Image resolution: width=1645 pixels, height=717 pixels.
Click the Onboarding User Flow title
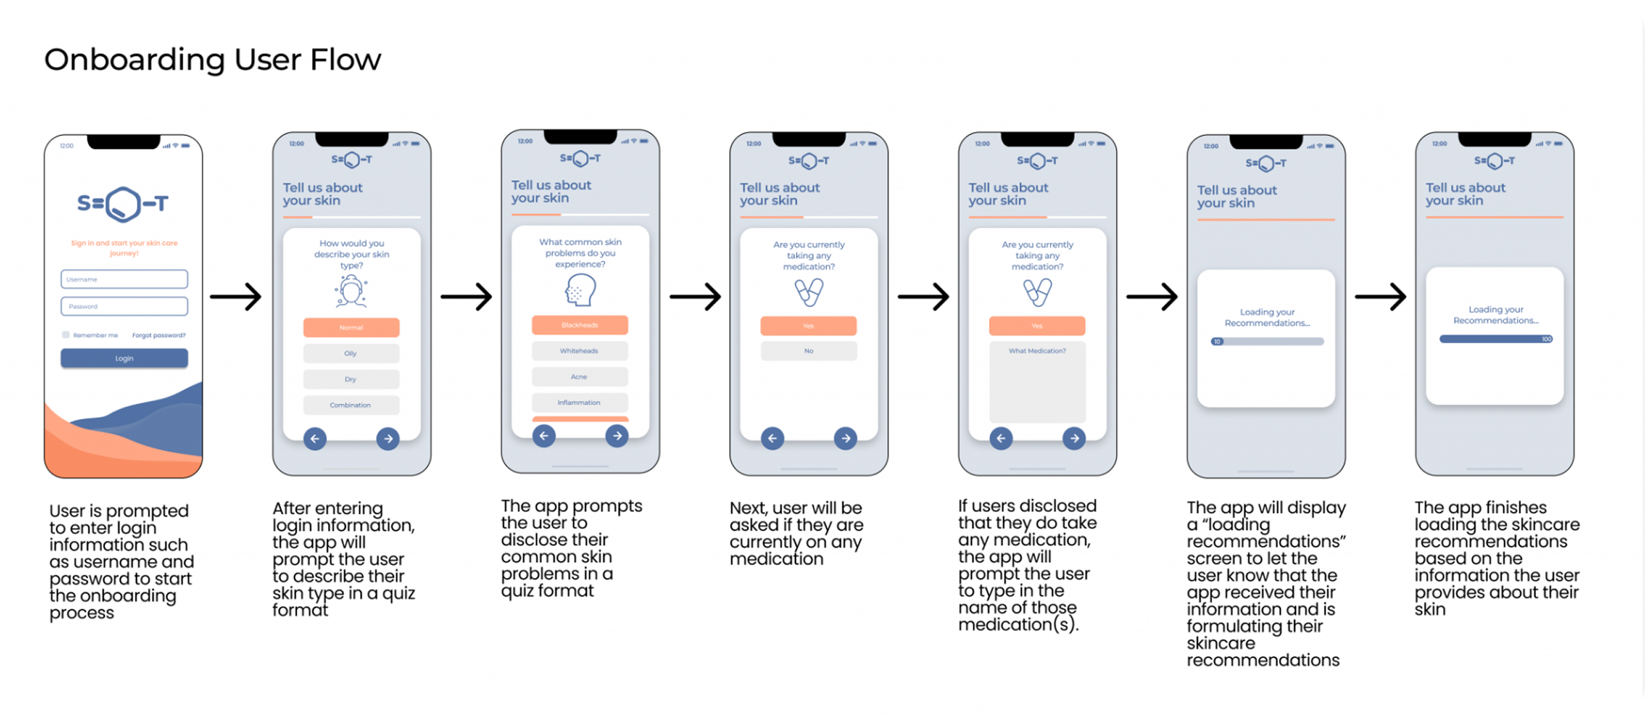[x=212, y=60]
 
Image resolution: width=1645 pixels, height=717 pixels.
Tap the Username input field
[x=124, y=279]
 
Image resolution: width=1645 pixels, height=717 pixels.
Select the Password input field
[x=124, y=306]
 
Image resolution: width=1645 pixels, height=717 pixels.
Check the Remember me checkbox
[x=66, y=334]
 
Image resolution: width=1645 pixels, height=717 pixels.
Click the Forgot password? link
[x=158, y=335]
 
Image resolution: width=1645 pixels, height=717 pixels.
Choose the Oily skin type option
[x=351, y=353]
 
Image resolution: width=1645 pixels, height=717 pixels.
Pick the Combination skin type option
[x=351, y=405]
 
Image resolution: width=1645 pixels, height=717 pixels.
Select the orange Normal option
[x=351, y=327]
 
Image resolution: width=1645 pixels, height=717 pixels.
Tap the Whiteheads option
[x=579, y=351]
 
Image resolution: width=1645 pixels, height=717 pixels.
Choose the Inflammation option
[x=579, y=402]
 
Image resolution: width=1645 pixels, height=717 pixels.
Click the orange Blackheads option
[x=579, y=325]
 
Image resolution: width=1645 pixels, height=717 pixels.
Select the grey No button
[x=808, y=351]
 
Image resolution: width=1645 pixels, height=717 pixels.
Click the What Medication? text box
[x=1037, y=382]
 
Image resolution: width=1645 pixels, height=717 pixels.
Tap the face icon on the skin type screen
[x=351, y=292]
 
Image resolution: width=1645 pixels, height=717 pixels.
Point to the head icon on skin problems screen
[x=580, y=290]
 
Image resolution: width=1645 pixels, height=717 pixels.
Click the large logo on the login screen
[x=123, y=204]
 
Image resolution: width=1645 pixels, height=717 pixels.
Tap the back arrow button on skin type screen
[x=315, y=439]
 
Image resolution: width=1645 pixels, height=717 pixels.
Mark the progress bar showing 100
[x=1495, y=339]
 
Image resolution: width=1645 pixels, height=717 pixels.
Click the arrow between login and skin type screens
[x=236, y=297]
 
